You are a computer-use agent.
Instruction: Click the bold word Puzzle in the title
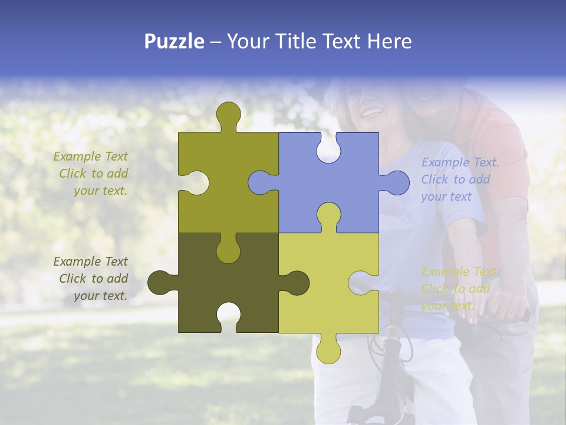(x=174, y=41)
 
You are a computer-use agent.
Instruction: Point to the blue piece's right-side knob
(x=397, y=182)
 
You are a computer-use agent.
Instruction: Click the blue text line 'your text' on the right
(x=446, y=197)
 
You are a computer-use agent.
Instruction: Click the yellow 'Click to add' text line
(x=455, y=289)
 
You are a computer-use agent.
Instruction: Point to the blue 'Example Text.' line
(x=460, y=162)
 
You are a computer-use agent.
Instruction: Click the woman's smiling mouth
(x=372, y=112)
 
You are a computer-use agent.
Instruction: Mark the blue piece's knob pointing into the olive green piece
(x=259, y=182)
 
